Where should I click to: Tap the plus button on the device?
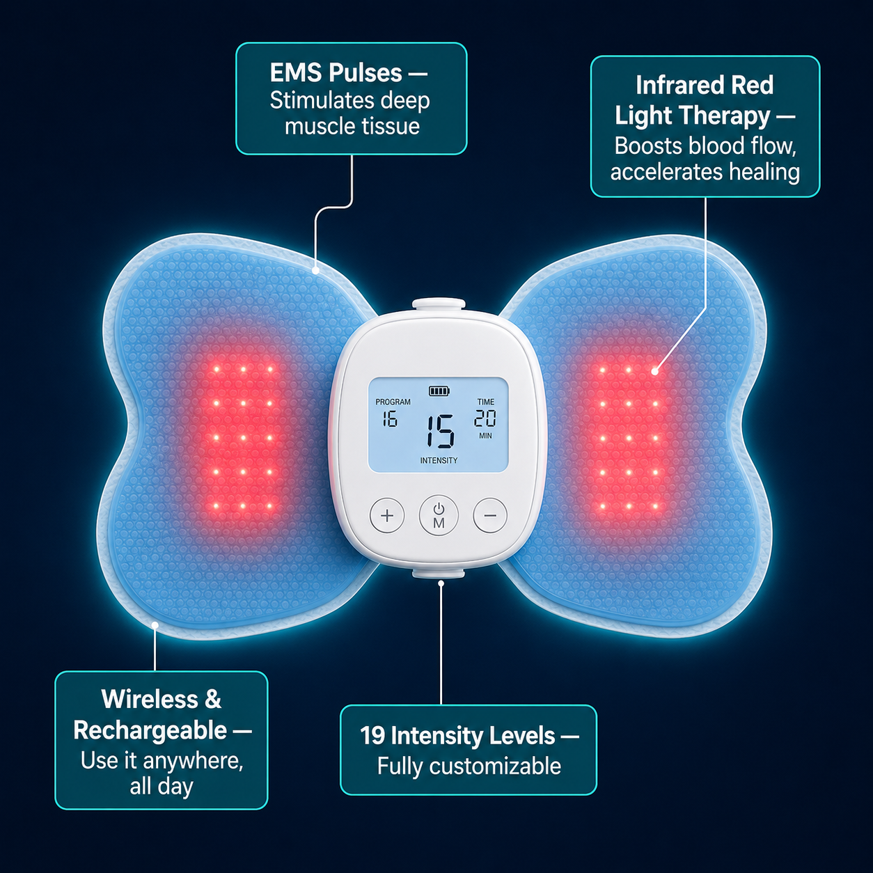tap(387, 515)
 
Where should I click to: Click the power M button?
tap(439, 516)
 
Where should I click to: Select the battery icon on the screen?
tap(439, 391)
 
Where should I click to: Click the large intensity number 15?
tap(441, 431)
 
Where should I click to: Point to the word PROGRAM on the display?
tap(393, 402)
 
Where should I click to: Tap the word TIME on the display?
tap(486, 402)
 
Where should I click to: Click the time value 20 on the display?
tap(485, 418)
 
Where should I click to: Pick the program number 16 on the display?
tap(390, 419)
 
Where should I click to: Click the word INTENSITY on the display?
tap(439, 460)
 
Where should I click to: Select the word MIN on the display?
tap(485, 436)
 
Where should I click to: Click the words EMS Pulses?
tap(336, 73)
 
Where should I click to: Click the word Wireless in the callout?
tap(150, 699)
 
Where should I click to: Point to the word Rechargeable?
tap(150, 730)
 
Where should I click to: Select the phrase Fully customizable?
tap(469, 766)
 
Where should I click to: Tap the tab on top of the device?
tap(439, 304)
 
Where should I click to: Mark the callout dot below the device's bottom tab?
tap(441, 583)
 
